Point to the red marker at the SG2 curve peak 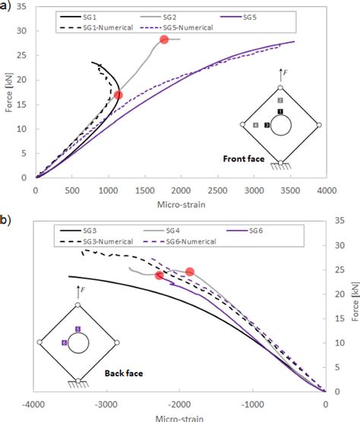point(164,39)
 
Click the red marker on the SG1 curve point(118,95)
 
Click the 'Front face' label point(244,159)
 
